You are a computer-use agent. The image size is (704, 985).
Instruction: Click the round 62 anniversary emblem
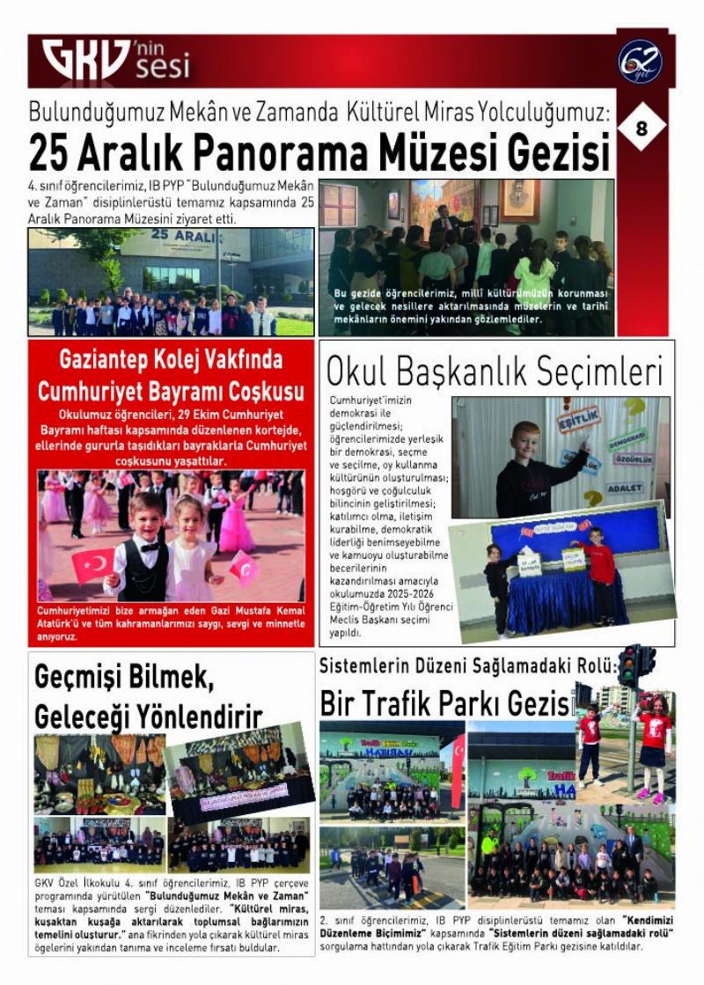point(640,62)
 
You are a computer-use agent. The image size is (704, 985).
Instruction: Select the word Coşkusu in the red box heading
point(257,391)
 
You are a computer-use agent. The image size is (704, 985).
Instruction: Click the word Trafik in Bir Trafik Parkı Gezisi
point(400,703)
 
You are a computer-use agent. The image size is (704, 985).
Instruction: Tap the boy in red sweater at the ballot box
point(601,566)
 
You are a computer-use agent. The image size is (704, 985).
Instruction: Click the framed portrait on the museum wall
point(519,200)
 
